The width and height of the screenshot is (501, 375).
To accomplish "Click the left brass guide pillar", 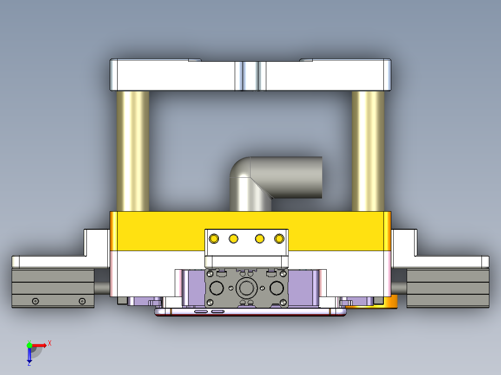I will pyautogui.click(x=133, y=151).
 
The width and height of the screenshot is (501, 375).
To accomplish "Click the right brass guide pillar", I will pyautogui.click(x=368, y=151).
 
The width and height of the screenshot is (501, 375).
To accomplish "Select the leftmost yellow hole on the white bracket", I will pyautogui.click(x=214, y=239).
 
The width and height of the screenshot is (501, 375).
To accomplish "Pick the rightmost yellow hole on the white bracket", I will pyautogui.click(x=279, y=239).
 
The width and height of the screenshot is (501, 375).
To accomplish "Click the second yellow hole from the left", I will pyautogui.click(x=234, y=239).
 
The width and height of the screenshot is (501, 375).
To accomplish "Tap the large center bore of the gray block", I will pyautogui.click(x=246, y=288).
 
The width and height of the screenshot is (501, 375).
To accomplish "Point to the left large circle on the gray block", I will pyautogui.click(x=216, y=288).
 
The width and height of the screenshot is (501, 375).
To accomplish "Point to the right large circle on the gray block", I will pyautogui.click(x=277, y=288).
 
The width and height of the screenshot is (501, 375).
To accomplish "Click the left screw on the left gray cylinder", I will pyautogui.click(x=35, y=301).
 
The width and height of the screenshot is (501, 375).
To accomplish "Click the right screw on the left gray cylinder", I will pyautogui.click(x=82, y=301).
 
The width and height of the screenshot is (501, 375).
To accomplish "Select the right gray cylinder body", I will pyautogui.click(x=448, y=288).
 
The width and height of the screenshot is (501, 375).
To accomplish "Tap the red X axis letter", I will pyautogui.click(x=50, y=343).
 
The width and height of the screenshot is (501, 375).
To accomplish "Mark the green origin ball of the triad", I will pyautogui.click(x=29, y=345).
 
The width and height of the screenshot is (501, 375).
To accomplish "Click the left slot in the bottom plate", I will pyautogui.click(x=201, y=311).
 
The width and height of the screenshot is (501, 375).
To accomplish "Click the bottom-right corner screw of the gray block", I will pyautogui.click(x=283, y=303).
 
